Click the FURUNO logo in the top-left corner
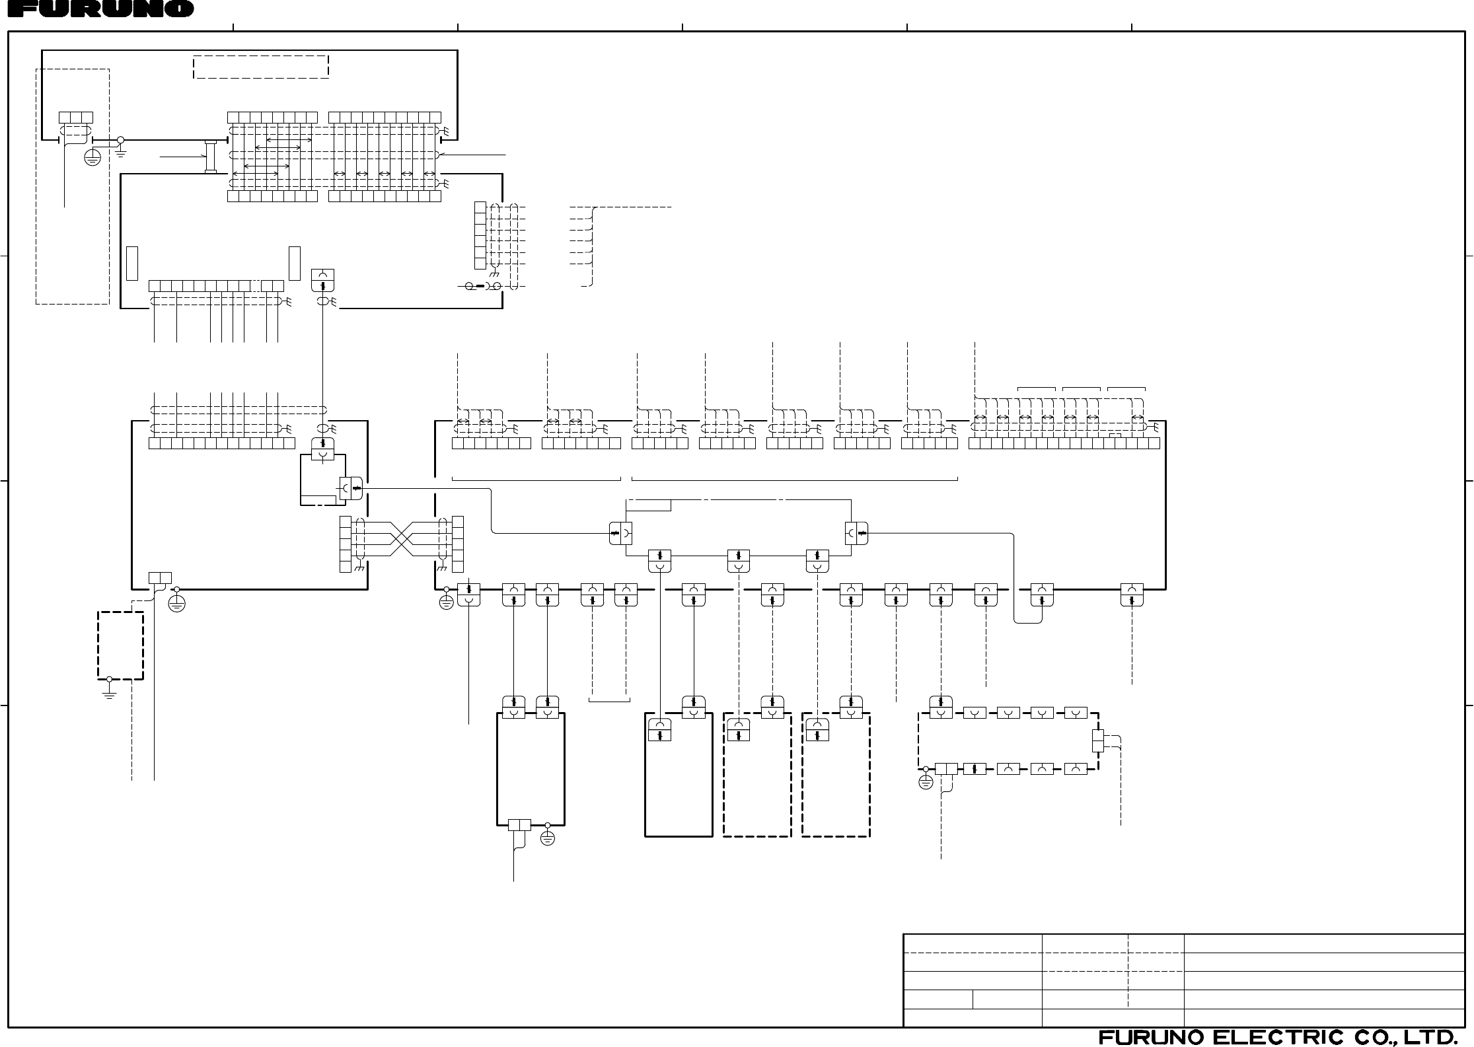97,9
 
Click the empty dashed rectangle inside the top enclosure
261,67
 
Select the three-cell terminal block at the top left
76,118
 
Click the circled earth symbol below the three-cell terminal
92,157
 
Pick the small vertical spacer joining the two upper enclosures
211,157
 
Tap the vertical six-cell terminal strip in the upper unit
480,235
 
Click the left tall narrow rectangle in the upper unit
132,263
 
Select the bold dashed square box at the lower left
120,645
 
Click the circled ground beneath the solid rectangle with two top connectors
547,838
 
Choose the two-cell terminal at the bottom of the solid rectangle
519,824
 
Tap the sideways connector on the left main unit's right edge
351,488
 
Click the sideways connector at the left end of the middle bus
620,532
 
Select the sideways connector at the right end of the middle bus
856,532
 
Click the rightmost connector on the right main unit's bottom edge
1132,595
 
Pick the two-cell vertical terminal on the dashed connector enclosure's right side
1097,740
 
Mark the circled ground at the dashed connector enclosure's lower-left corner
926,783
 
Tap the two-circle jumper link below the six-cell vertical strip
483,286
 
